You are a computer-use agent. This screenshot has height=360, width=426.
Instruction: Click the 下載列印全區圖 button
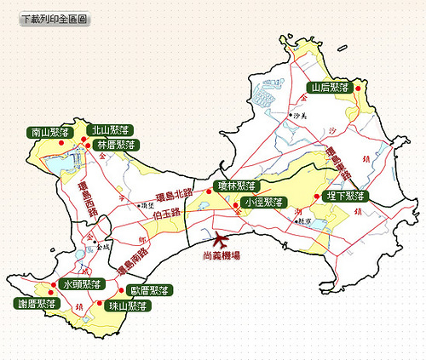(54, 18)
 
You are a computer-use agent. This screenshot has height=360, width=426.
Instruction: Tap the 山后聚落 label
(330, 87)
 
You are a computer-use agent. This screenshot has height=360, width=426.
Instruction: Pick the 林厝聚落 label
(117, 145)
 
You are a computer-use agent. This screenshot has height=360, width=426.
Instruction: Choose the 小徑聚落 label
(262, 202)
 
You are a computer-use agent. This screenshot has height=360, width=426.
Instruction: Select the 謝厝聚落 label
(37, 303)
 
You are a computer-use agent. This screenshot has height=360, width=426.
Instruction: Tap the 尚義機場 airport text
(222, 254)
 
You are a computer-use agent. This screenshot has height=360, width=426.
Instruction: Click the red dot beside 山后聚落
(359, 88)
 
